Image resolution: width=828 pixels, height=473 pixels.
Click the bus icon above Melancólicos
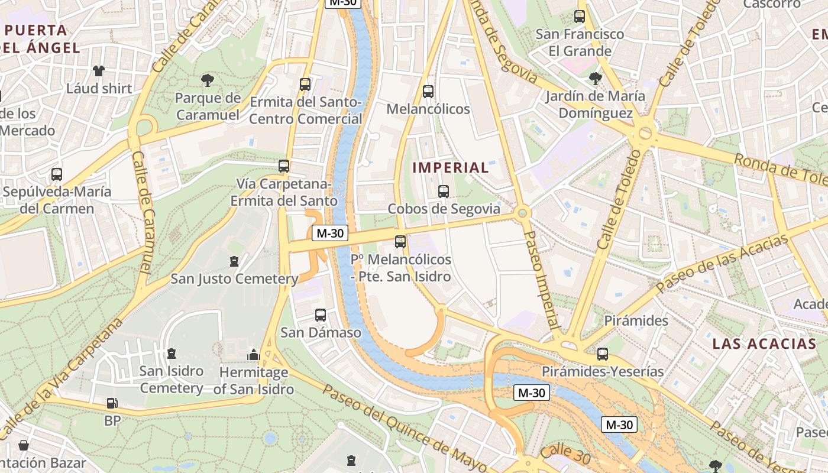pyautogui.click(x=428, y=92)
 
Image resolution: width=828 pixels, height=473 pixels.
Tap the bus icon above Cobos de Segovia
pyautogui.click(x=444, y=191)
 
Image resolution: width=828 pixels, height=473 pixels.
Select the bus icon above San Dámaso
pyautogui.click(x=321, y=315)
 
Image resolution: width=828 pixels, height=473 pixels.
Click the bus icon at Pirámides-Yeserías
pyautogui.click(x=603, y=354)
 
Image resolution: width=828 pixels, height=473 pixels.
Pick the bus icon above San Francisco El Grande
pyautogui.click(x=580, y=17)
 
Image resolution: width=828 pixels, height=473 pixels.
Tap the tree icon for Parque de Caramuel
pyautogui.click(x=207, y=80)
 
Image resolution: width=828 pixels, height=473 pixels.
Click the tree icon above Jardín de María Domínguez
pyautogui.click(x=595, y=78)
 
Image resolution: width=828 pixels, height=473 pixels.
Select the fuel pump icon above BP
pyautogui.click(x=112, y=403)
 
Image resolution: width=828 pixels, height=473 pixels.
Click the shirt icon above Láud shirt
pyautogui.click(x=99, y=71)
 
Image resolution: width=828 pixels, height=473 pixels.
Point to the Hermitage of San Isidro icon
pyautogui.click(x=254, y=355)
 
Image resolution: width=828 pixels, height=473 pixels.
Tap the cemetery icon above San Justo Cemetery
pyautogui.click(x=234, y=261)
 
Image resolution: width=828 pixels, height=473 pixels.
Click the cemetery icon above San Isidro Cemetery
pyautogui.click(x=172, y=354)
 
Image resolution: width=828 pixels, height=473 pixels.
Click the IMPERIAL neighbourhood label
pyautogui.click(x=451, y=167)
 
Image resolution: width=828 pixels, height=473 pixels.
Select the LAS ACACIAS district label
pyautogui.click(x=764, y=344)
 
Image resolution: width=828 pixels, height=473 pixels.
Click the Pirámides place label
pyautogui.click(x=636, y=321)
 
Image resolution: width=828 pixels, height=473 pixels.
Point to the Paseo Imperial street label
pyautogui.click(x=542, y=279)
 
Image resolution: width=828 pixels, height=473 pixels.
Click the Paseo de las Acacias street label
pyautogui.click(x=722, y=264)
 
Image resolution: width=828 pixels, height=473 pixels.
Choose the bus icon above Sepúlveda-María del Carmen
pyautogui.click(x=57, y=174)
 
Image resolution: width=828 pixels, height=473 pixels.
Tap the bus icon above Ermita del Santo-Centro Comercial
pyautogui.click(x=305, y=85)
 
